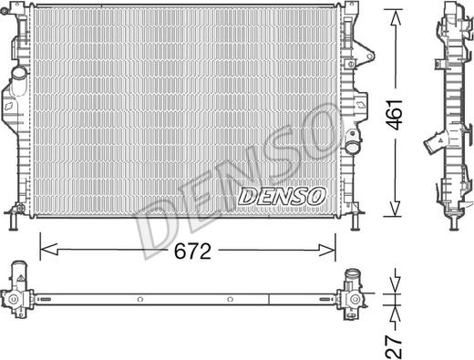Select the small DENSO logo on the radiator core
281,194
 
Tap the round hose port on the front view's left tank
18,72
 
